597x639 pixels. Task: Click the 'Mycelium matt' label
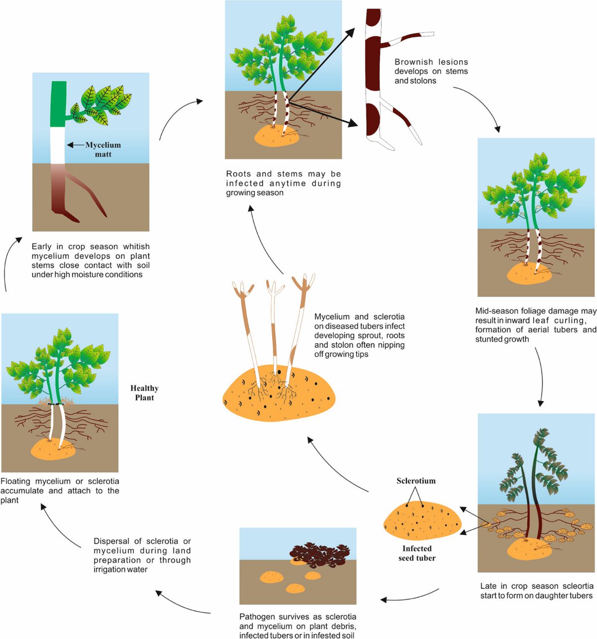pyautogui.click(x=103, y=150)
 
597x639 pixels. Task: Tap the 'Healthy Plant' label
pyautogui.click(x=144, y=393)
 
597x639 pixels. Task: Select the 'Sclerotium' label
pyautogui.click(x=416, y=481)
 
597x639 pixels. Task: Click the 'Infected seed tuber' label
pyautogui.click(x=417, y=553)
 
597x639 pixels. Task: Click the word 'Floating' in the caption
pyautogui.click(x=15, y=481)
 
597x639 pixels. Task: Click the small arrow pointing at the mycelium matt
pyautogui.click(x=76, y=145)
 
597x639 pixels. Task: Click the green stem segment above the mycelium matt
pyautogui.click(x=58, y=104)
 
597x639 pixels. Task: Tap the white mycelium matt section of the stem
pyautogui.click(x=58, y=145)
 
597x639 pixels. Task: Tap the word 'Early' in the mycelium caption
pyautogui.click(x=41, y=247)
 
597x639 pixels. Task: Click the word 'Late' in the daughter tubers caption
pyautogui.click(x=488, y=586)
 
